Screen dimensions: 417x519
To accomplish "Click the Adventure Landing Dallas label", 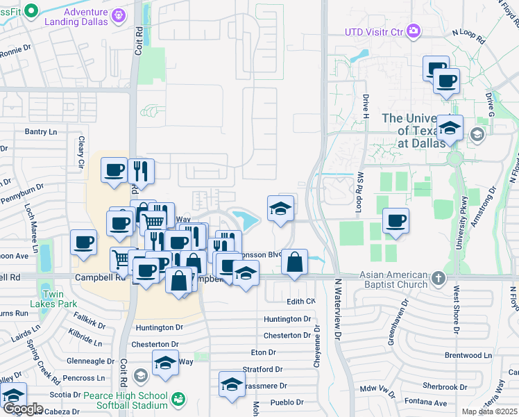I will (86, 17).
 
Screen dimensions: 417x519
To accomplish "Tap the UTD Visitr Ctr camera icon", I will (414, 31).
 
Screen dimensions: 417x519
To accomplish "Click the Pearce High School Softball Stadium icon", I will (179, 398).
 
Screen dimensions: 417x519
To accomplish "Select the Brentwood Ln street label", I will (468, 355).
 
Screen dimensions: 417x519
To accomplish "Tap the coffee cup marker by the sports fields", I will (395, 221).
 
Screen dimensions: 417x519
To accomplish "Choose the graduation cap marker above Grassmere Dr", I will (232, 384).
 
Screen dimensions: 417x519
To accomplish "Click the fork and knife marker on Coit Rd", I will (141, 171).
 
